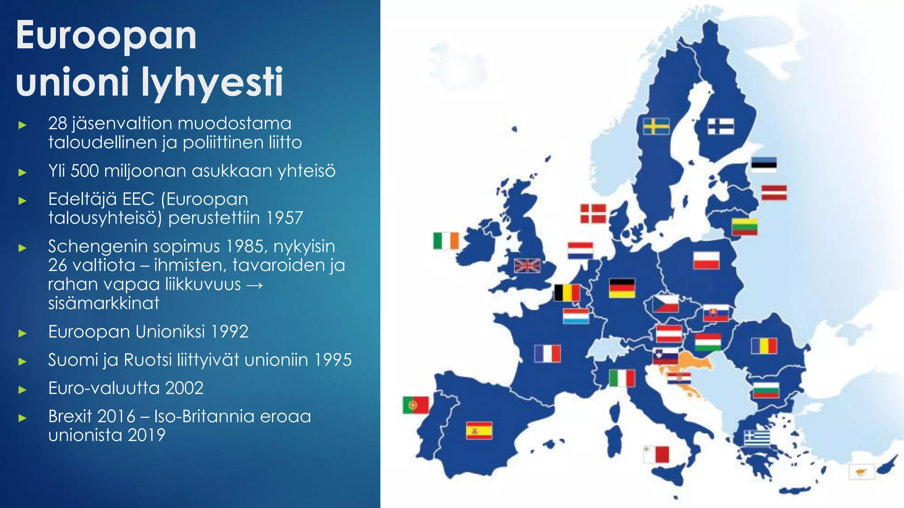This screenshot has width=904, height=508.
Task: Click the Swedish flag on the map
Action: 656,126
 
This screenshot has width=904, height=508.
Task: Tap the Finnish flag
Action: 720,126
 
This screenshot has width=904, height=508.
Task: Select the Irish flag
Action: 446,241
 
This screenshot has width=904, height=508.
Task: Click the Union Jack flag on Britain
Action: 527,266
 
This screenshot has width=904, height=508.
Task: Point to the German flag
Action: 621,288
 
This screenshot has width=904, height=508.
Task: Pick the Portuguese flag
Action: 415,405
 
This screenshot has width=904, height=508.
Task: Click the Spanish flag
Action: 479,431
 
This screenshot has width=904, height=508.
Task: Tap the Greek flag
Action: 757,438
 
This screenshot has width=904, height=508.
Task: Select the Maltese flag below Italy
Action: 656,454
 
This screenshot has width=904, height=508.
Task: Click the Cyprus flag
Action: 861,472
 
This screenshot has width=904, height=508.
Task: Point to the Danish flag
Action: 593,214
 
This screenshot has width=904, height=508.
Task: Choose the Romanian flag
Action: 764,346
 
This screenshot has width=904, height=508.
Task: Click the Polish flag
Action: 706,260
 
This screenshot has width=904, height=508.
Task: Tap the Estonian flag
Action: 764,164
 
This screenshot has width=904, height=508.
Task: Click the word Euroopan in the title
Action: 106,36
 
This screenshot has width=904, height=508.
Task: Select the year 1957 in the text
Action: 285,218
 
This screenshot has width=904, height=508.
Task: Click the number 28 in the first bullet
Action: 57,123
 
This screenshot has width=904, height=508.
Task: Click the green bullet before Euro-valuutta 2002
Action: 23,389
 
